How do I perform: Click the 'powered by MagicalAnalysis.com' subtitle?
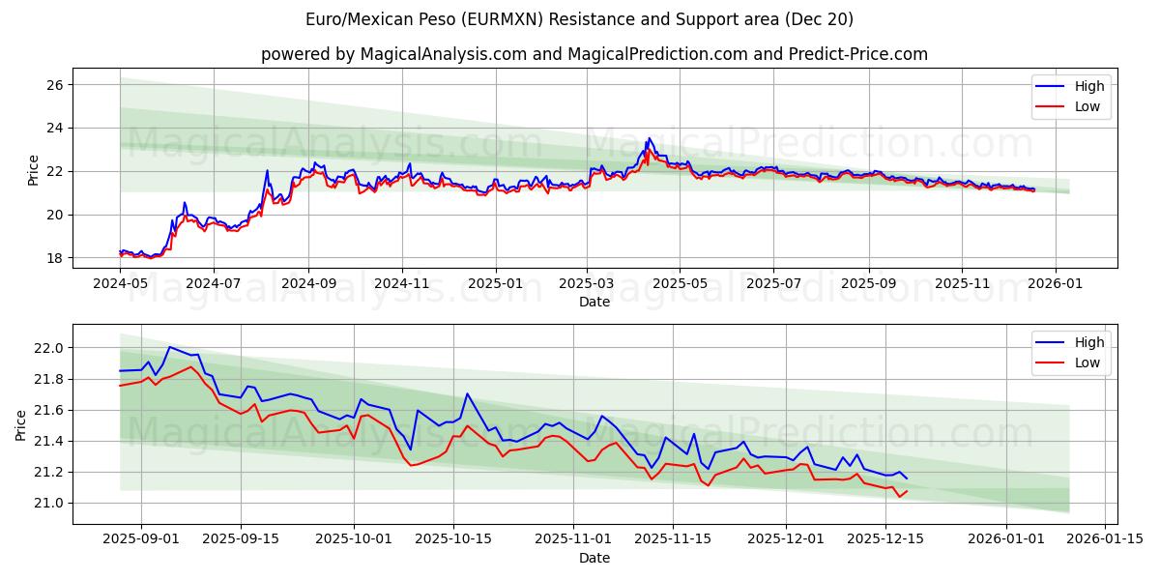[x=594, y=54]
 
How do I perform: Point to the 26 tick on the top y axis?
[x=54, y=85]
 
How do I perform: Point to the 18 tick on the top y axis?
[x=54, y=258]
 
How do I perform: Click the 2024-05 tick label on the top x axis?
[x=120, y=284]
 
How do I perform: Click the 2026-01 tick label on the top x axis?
[x=1055, y=284]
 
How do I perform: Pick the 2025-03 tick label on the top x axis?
[x=587, y=284]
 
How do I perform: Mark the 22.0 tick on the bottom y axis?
[x=48, y=348]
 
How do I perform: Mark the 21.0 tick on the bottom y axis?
[x=48, y=503]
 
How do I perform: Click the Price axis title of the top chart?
[x=34, y=169]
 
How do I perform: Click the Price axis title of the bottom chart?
[x=21, y=425]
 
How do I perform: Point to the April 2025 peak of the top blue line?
[x=649, y=138]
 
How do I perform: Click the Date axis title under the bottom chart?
[x=594, y=558]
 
